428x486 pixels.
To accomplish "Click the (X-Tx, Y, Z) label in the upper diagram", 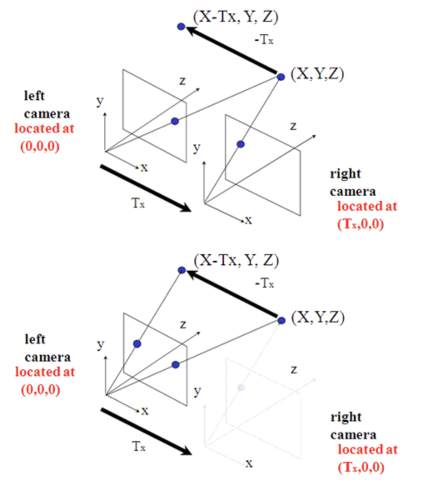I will pos(236,17).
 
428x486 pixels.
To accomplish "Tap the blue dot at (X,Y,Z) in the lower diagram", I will pos(281,320).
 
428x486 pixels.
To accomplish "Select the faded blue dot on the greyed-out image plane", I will pos(241,388).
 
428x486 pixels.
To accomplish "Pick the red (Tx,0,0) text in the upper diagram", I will pos(360,224).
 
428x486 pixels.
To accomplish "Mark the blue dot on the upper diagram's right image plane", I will pos(240,144).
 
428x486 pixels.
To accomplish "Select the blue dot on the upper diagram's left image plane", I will pos(175,121).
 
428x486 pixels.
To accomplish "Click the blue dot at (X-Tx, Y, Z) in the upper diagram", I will pos(181,27).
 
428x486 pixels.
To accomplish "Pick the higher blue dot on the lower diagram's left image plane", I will pos(137,344).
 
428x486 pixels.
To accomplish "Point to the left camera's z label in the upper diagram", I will pos(182,81).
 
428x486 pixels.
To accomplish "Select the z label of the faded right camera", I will pos(294,369).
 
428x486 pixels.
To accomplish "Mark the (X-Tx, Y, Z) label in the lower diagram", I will pos(236,261).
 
